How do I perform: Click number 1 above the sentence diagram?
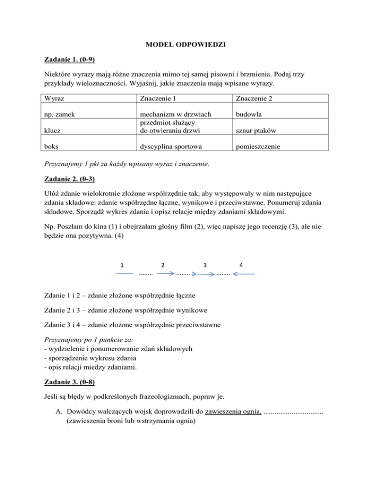[x=123, y=265]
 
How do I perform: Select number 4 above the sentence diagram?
[x=241, y=265]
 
